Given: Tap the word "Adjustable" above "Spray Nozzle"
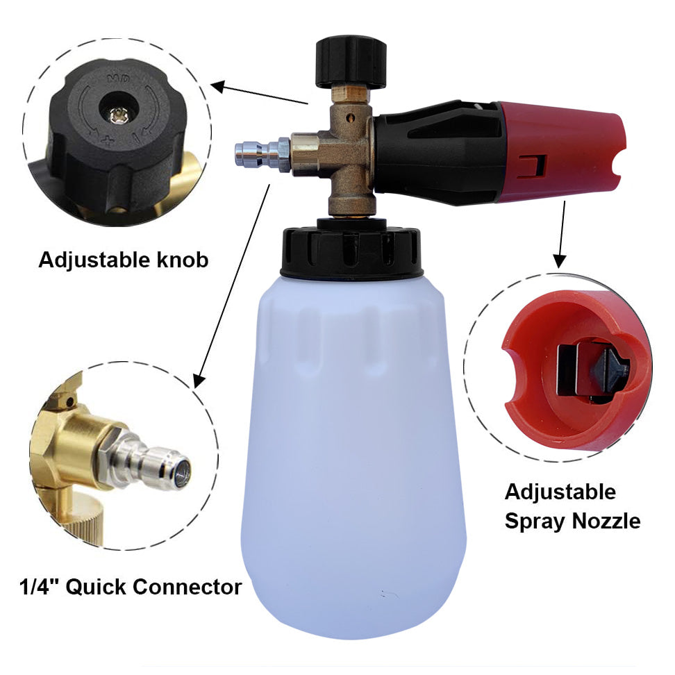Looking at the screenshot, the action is click(x=560, y=493).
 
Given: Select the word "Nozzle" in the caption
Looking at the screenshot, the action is click(x=606, y=522).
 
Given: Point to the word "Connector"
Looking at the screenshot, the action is click(x=187, y=587).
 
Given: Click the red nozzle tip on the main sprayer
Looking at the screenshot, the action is click(x=561, y=151).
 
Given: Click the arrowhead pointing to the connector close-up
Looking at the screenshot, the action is click(x=199, y=381).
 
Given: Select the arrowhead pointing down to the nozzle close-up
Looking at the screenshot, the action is click(x=559, y=261).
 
